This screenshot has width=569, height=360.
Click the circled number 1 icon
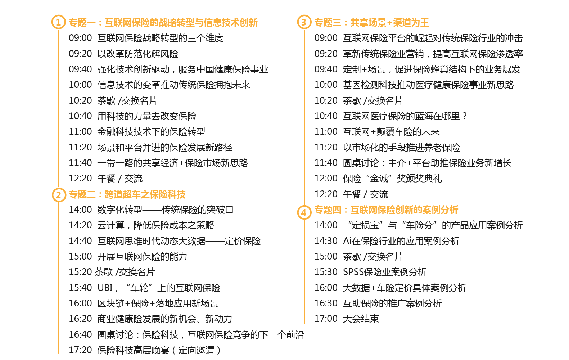coord(59,22)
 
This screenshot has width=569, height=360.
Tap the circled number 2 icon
coord(59,195)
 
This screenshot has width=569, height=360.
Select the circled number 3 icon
coord(304,22)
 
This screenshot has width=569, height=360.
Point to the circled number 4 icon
coord(304,212)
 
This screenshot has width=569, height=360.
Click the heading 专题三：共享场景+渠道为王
coord(372,23)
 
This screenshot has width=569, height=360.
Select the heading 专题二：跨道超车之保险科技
coord(127,194)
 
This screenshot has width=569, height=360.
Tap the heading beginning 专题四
coord(386,210)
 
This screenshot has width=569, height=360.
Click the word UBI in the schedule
coord(105,288)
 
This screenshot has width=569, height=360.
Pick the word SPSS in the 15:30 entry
coord(353,272)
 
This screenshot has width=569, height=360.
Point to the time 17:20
coord(80,350)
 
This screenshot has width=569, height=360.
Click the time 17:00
coord(326,319)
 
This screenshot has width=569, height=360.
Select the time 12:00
coord(326,178)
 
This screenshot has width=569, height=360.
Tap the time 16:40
coord(80,334)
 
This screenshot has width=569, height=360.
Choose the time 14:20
coord(80,225)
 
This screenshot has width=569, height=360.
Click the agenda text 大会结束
coord(361,319)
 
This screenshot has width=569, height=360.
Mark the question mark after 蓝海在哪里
coord(464,116)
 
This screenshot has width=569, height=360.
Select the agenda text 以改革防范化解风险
coord(138,54)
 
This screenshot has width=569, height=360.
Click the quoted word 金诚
coord(379,178)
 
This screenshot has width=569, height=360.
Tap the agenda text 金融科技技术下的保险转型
coord(152,132)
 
